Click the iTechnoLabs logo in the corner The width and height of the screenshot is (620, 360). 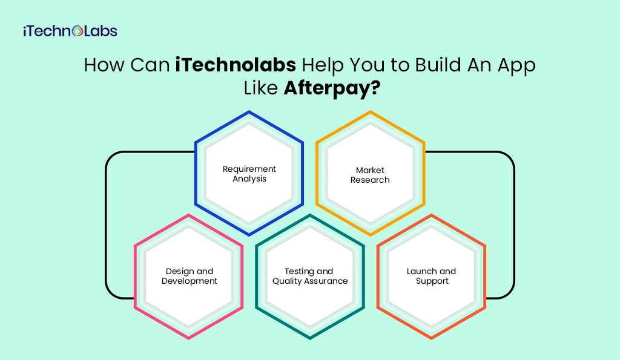pos(70,31)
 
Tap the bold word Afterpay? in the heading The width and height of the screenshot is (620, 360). pos(332,88)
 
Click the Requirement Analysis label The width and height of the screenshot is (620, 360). pos(249,174)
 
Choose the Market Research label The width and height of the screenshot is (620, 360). pos(370,175)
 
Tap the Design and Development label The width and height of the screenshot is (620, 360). pos(190,276)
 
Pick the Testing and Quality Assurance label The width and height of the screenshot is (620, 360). pos(310,276)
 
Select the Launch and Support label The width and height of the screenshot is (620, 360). pos(432,276)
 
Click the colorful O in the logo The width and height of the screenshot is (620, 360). pos(77,31)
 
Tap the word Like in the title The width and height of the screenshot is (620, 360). pos(261,88)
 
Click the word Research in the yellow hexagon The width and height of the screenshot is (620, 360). pos(370,180)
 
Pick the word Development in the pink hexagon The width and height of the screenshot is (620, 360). pos(190,281)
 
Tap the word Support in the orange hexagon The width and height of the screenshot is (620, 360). pos(432,281)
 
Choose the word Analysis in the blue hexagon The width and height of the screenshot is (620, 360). pos(249,179)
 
